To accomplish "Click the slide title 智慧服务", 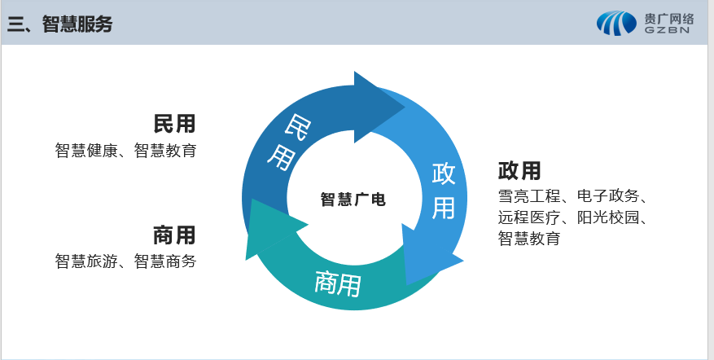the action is tap(77, 24).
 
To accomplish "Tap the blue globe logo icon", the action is tap(616, 24).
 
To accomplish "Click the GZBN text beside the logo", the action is tap(667, 30).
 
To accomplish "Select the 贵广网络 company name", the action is tap(669, 19).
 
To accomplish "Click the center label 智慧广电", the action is tap(353, 200).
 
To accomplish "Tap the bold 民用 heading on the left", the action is tap(174, 124).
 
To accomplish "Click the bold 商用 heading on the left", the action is tap(174, 235).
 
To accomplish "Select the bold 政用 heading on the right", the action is tap(519, 171).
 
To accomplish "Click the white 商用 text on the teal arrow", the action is tap(338, 283).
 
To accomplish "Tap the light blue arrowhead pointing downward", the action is tap(428, 256).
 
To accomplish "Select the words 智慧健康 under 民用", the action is tap(86, 151).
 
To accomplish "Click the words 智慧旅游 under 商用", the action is tap(86, 261).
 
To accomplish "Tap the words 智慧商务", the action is tap(165, 261).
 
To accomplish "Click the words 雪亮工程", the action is tap(529, 196).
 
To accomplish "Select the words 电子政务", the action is tap(608, 196).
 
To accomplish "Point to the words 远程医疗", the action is tap(529, 217).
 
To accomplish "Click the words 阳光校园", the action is tap(608, 217).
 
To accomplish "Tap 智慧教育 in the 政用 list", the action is tap(529, 239).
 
